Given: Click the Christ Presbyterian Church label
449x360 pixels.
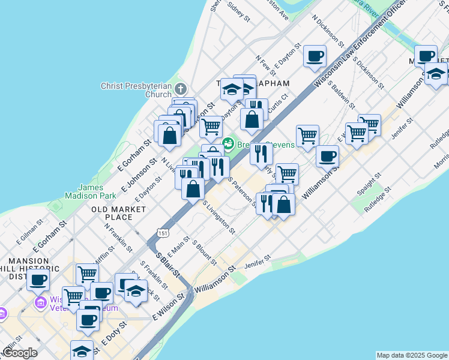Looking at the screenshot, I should tap(136, 90).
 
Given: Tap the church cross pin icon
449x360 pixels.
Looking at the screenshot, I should tap(181, 89).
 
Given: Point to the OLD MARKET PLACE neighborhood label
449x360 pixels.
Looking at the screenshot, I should tap(119, 213).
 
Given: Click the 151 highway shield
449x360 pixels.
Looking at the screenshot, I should tap(163, 232).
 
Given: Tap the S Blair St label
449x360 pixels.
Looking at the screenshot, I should tap(168, 264).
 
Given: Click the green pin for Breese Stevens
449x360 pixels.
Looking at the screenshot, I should tap(228, 143).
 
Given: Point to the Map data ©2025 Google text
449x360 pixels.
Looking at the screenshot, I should tap(412, 355).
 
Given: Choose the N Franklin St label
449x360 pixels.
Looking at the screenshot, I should tap(118, 237).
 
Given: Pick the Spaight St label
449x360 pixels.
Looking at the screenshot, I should tap(369, 184).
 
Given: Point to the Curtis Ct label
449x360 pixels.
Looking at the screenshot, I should tap(277, 103).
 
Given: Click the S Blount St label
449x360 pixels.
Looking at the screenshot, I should tap(204, 253).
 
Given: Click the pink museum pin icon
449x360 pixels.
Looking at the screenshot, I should tap(41, 301).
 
